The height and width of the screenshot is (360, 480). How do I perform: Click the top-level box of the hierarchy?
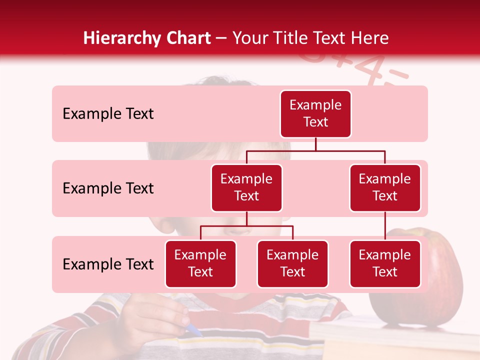(315, 114)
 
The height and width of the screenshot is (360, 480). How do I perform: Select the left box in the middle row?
(246, 188)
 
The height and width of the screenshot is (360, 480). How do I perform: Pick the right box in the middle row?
(385, 188)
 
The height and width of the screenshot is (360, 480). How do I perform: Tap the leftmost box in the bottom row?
(200, 264)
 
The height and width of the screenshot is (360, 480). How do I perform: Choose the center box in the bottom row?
(292, 264)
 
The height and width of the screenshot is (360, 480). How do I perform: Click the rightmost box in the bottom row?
(385, 264)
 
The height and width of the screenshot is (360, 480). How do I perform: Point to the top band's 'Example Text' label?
(108, 114)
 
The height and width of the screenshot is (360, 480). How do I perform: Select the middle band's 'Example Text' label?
(108, 188)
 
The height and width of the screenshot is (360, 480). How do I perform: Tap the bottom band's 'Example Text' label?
(108, 264)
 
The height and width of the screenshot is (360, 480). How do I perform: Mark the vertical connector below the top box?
(315, 144)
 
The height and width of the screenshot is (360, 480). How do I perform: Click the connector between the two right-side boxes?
(385, 226)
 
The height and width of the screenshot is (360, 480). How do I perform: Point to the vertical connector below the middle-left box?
(246, 218)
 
